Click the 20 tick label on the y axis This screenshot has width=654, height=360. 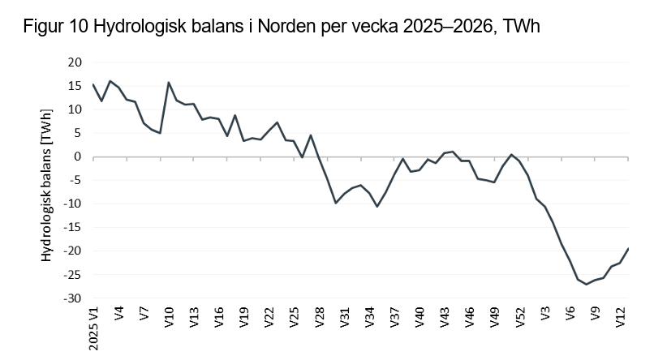coord(75,62)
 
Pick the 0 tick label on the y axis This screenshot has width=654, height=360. coord(79,156)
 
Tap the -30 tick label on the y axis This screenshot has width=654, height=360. coord(74,298)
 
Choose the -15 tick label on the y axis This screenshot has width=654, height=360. coord(74,228)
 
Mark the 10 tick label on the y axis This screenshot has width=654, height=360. coord(75,109)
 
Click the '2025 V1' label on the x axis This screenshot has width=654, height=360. coord(93,328)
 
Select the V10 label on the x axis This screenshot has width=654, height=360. coord(169,317)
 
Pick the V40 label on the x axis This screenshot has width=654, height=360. coord(419,317)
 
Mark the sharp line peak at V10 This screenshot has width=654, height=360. coord(169,83)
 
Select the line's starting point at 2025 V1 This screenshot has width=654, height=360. coord(93,84)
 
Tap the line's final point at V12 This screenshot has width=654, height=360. coord(628,249)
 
